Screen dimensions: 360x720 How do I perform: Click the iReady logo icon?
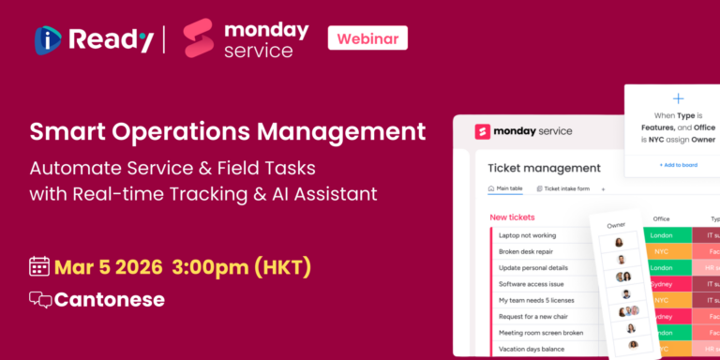coord(49,38)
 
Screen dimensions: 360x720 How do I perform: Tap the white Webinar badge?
coord(367,38)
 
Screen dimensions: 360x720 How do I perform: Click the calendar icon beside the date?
coord(39,266)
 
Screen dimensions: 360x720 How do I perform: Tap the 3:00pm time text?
coord(200,266)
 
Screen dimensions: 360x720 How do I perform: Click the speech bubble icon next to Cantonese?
coord(40,300)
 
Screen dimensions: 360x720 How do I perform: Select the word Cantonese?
coord(109,300)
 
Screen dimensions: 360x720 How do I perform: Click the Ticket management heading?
coord(544,168)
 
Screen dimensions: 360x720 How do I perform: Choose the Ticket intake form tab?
coord(566,188)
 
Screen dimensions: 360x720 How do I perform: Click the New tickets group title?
coord(512,217)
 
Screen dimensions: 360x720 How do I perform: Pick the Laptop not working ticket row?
coord(527,235)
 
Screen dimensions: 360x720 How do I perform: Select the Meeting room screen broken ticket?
coord(541,332)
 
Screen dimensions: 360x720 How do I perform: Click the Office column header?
coord(661,218)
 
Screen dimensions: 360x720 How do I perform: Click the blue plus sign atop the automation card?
coord(679,98)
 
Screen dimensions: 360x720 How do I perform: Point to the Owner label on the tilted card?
coord(616,225)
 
